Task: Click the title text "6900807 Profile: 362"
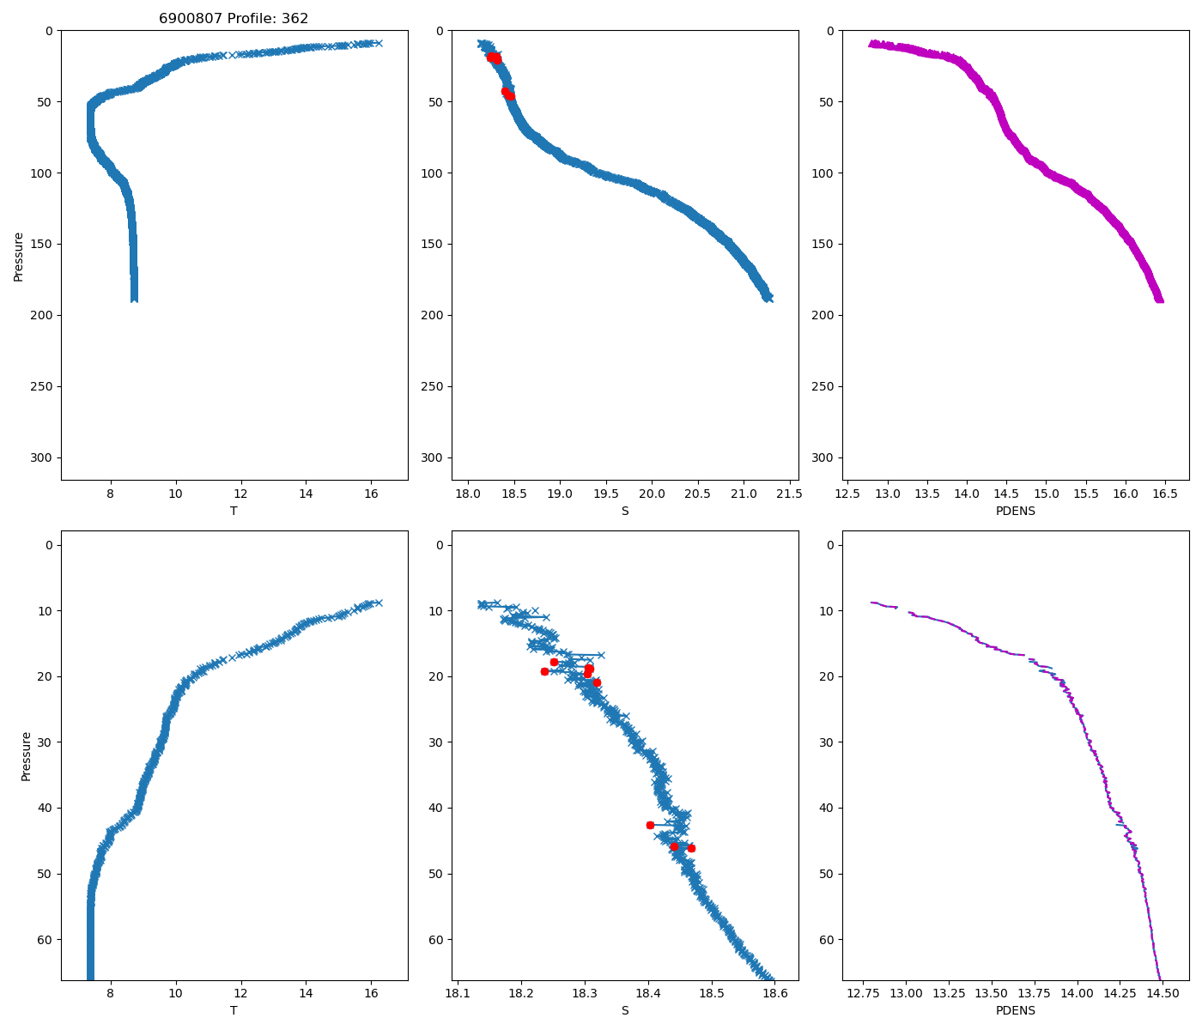[x=234, y=19]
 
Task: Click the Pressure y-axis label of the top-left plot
[x=19, y=256]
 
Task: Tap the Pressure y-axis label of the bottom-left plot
[x=26, y=756]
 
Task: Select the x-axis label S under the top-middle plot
[x=625, y=511]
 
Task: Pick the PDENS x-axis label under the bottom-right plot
[x=1016, y=1010]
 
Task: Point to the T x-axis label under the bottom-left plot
[x=234, y=1010]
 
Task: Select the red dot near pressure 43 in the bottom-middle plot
[x=650, y=825]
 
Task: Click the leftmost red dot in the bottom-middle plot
[x=544, y=671]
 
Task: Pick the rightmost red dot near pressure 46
[x=691, y=848]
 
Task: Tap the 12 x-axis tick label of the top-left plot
[x=241, y=494]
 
